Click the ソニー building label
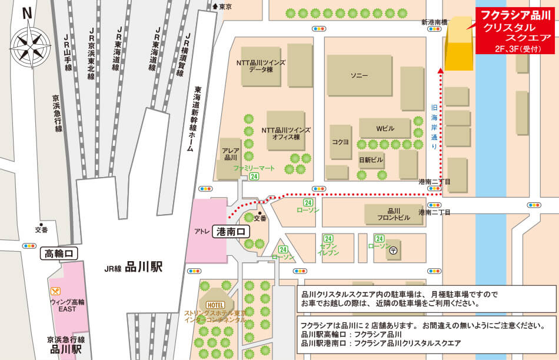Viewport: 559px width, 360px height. click(x=359, y=76)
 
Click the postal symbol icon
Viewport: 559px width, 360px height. click(x=394, y=250)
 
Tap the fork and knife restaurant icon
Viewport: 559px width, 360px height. click(x=55, y=290)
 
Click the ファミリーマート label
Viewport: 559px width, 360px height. click(x=254, y=168)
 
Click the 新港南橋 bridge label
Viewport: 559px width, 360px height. click(x=432, y=22)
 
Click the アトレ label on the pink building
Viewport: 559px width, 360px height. click(x=200, y=231)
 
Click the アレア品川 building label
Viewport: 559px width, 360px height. click(x=230, y=154)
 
